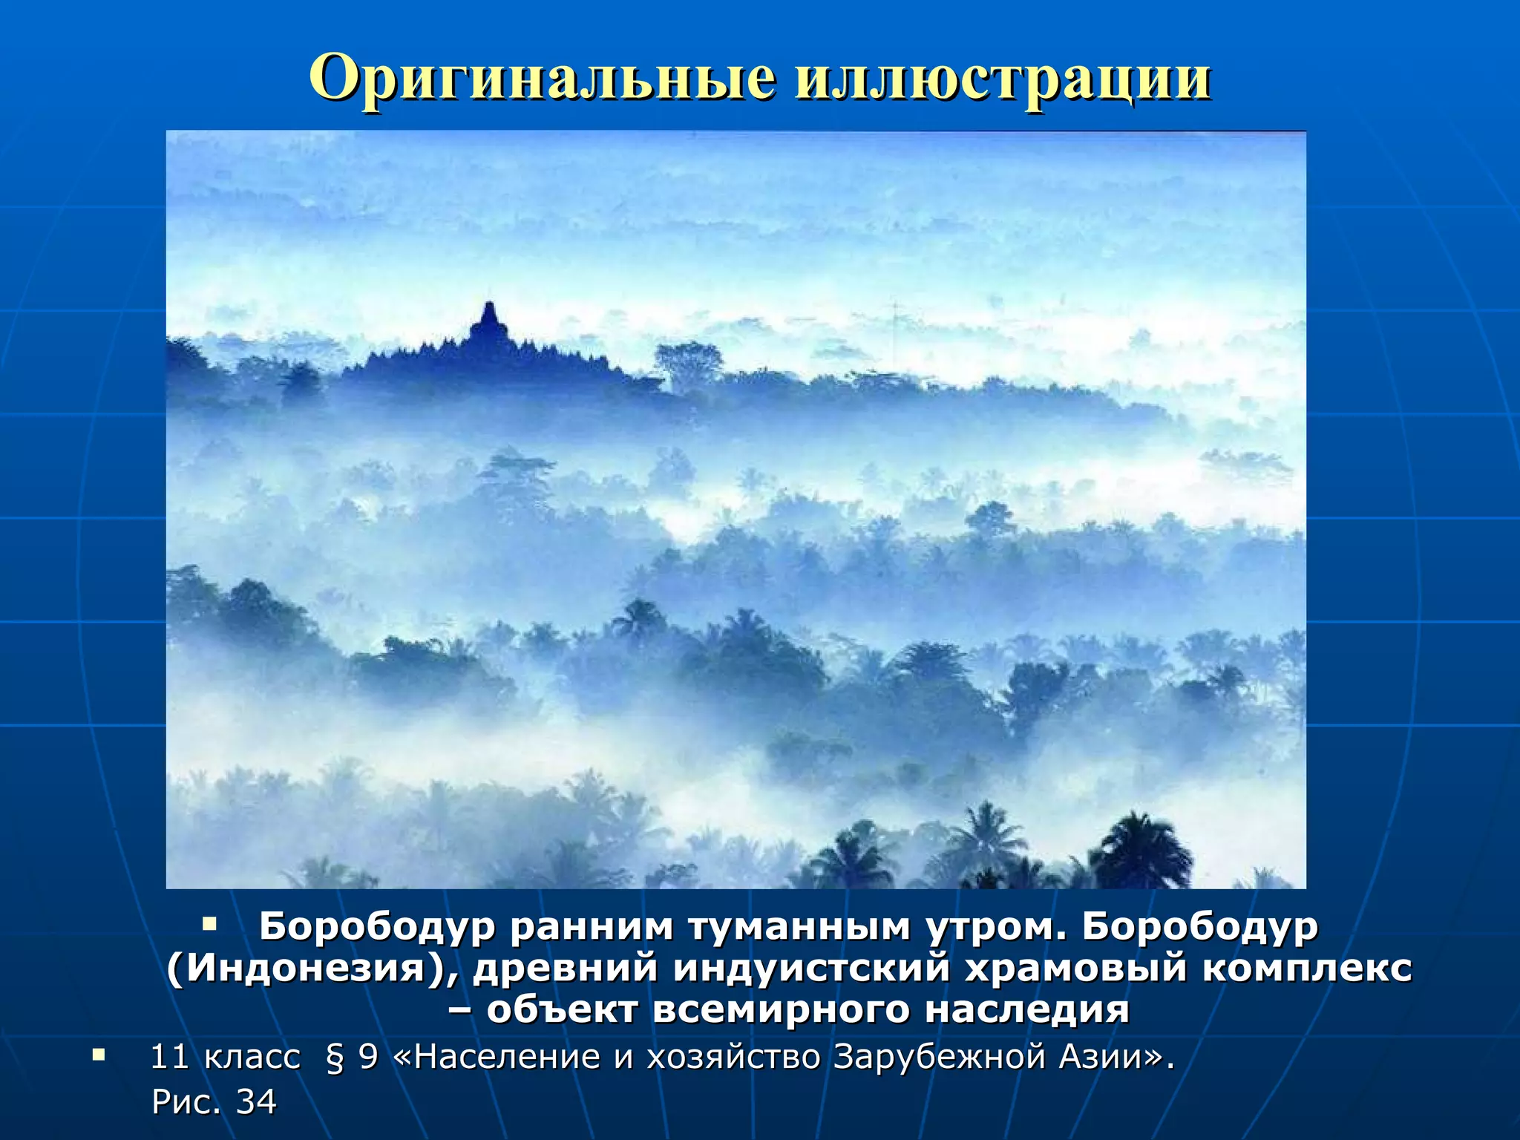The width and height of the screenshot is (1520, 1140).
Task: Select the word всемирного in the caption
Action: pos(781,1009)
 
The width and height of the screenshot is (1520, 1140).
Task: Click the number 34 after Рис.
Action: pos(256,1102)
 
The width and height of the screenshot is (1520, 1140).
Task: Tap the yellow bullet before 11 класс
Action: pos(99,1055)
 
